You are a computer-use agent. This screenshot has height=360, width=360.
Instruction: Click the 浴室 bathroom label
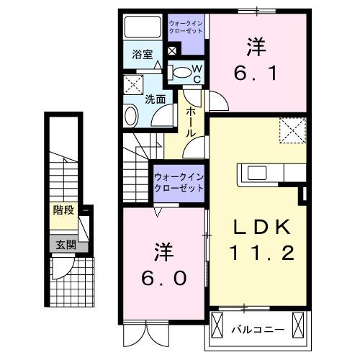click(x=141, y=54)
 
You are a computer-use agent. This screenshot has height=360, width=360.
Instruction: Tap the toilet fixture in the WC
click(x=183, y=71)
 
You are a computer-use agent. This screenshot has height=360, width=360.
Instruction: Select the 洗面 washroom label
click(x=156, y=99)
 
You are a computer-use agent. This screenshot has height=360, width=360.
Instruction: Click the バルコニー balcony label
click(x=257, y=330)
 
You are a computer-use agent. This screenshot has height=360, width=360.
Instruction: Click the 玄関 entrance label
click(x=63, y=244)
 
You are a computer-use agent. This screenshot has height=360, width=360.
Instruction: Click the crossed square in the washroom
click(x=133, y=84)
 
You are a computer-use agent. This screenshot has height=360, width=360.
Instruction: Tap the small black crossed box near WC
click(x=172, y=52)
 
